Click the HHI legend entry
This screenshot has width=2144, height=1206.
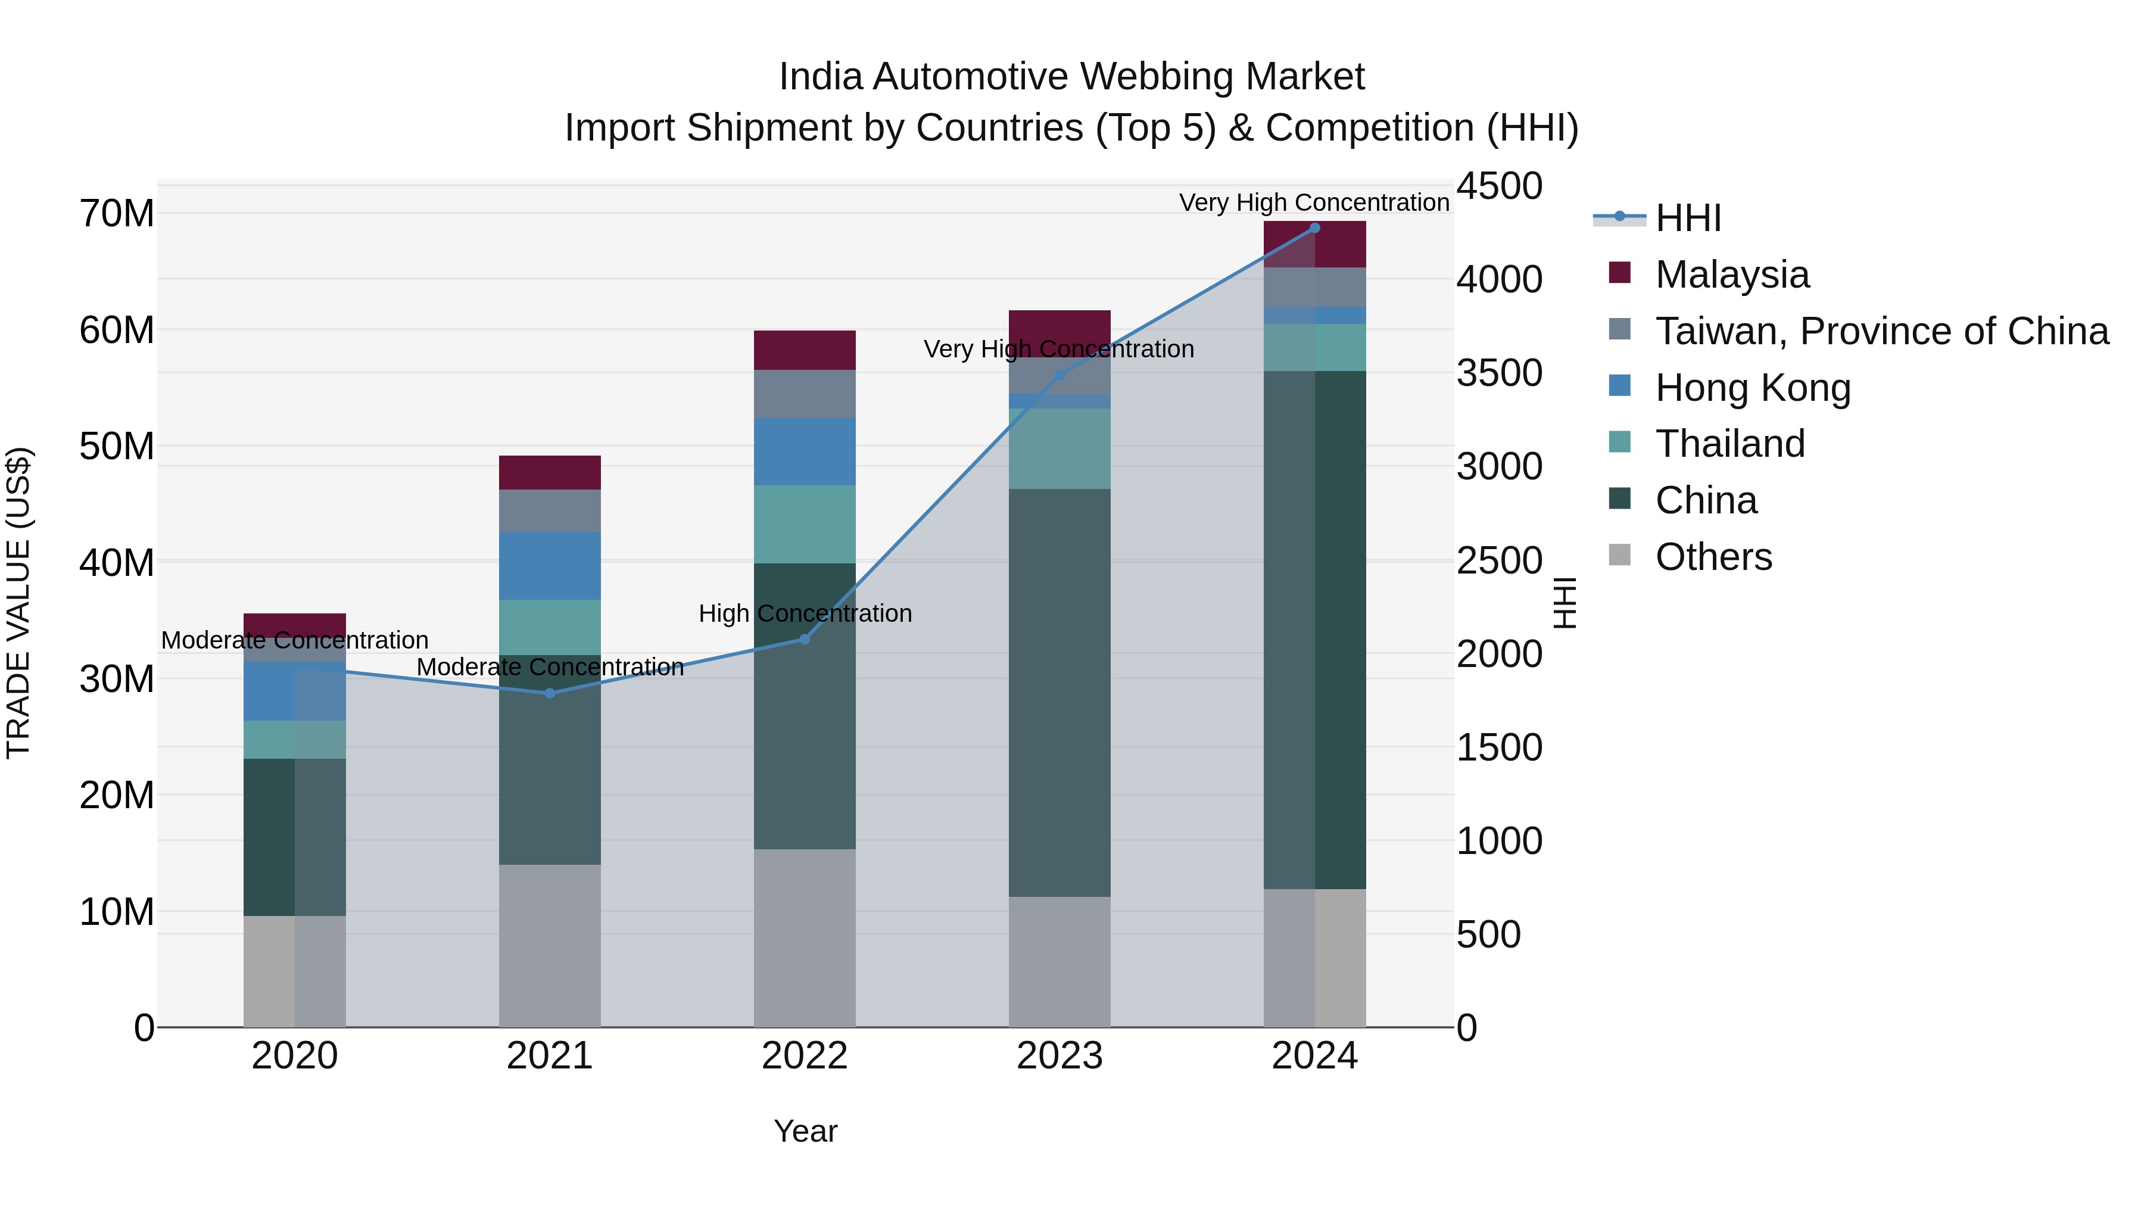(1687, 218)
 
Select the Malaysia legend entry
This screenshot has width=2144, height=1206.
(1731, 275)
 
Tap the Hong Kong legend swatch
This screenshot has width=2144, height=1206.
(1620, 386)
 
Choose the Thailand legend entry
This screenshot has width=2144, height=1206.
(1729, 444)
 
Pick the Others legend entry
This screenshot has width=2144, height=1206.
(1713, 557)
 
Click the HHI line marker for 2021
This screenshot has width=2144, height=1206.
(549, 693)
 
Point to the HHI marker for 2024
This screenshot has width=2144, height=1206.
(1314, 228)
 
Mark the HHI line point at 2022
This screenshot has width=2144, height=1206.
(805, 639)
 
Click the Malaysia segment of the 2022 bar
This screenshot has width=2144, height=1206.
(805, 350)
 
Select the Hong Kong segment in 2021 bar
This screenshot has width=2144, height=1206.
(549, 566)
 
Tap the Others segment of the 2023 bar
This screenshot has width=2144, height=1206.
(1059, 961)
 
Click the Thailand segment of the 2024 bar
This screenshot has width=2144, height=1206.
(1314, 348)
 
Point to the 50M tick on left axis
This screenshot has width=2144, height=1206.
(117, 447)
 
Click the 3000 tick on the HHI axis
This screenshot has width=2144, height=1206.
(1499, 467)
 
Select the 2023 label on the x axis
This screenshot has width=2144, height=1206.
(1059, 1056)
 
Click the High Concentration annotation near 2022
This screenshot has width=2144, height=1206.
(805, 613)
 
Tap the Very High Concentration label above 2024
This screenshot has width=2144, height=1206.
(1314, 202)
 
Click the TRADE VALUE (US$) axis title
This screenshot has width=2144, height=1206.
(18, 603)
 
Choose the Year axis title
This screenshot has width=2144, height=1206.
(805, 1131)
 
